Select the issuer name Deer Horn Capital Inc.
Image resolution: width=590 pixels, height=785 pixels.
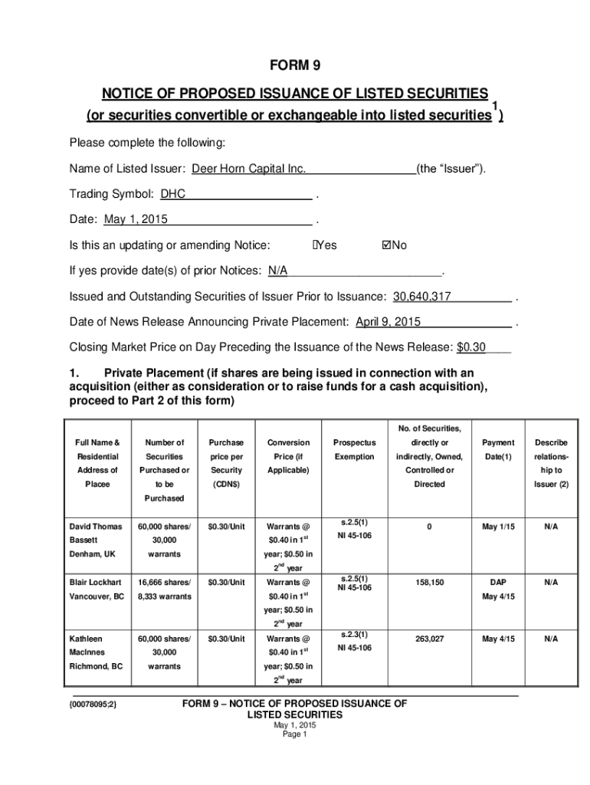point(248,169)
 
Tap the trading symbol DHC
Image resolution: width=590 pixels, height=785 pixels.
point(173,195)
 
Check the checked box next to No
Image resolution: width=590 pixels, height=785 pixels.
point(386,245)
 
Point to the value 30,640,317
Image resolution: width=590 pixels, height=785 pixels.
point(422,297)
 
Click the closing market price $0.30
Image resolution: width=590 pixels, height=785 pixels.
point(471,347)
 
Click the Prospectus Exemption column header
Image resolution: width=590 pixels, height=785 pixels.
point(354,449)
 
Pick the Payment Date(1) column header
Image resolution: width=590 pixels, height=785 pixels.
point(499,449)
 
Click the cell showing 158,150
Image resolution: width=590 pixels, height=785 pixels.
point(429,583)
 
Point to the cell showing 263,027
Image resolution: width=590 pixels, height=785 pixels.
point(429,639)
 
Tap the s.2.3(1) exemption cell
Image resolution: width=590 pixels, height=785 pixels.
point(354,634)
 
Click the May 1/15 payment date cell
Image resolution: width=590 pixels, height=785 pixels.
point(499,527)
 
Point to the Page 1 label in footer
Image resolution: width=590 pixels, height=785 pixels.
point(295,734)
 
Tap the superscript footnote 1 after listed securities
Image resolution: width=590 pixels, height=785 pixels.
point(496,105)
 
